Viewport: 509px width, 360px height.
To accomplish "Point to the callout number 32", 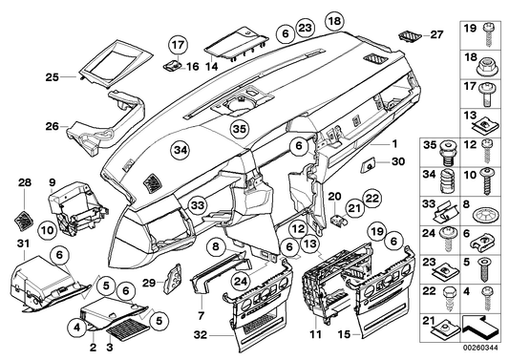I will point(199,334).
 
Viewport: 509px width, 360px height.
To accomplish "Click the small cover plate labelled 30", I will point(367,165).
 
